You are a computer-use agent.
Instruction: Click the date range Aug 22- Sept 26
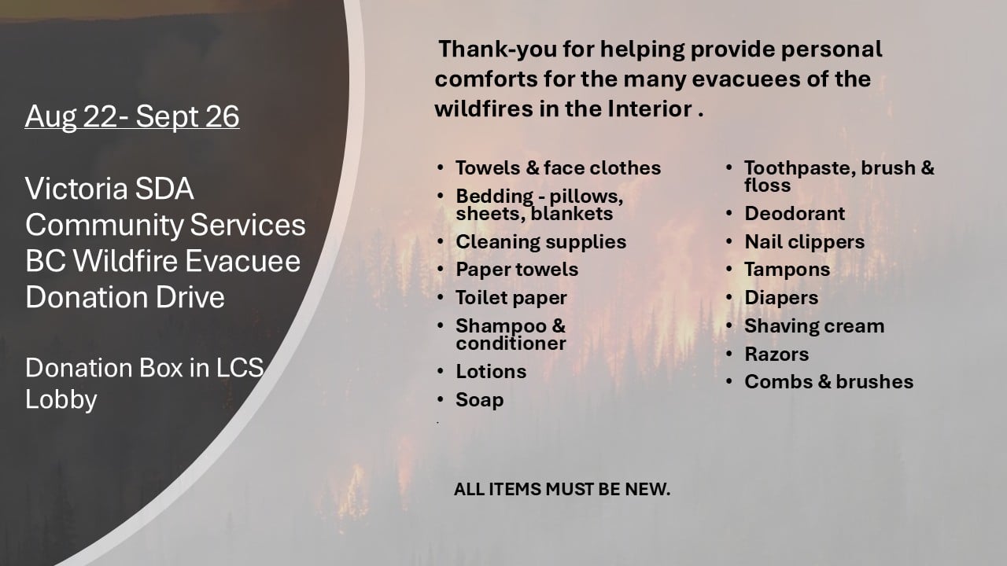coord(132,117)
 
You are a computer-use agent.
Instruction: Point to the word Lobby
coord(61,399)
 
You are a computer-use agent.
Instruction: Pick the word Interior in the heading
coord(650,108)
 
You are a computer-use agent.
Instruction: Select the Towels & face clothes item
coord(558,168)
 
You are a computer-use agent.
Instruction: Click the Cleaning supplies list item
coord(540,242)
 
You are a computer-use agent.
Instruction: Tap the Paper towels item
coord(517,270)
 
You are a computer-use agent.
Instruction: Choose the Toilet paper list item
coord(511,298)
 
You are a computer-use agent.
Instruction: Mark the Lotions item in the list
coord(491,372)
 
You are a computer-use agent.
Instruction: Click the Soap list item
coord(480,400)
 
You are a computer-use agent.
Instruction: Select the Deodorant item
coord(795,213)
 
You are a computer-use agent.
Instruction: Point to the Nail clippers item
coord(804,242)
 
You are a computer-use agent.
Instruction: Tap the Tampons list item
coord(788,270)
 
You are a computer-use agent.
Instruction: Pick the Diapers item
coord(781,298)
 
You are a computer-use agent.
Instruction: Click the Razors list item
coord(776,355)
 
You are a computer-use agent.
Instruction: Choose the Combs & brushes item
coord(828,382)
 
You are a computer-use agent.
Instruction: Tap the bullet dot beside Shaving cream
coord(729,325)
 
